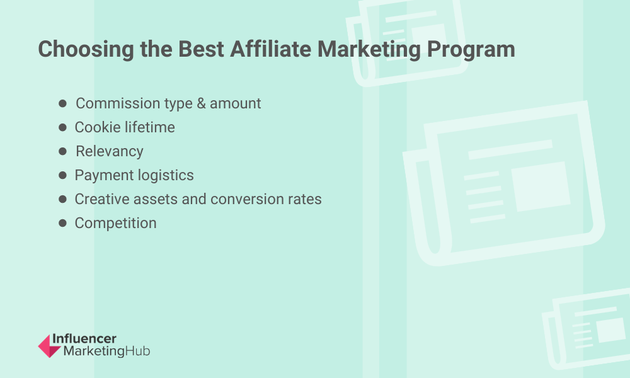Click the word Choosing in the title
[x=86, y=49]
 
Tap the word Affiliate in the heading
[x=270, y=49]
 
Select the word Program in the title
[x=471, y=50]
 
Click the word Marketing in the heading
[x=369, y=50]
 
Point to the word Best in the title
[x=201, y=49]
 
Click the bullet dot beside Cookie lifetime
[x=62, y=127]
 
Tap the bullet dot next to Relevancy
[x=62, y=151]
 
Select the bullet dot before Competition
[x=62, y=223]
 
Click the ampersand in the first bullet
[x=202, y=103]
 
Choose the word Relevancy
[x=109, y=152]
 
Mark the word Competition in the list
[x=116, y=224]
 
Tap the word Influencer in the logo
[x=84, y=339]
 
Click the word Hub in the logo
[x=138, y=351]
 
